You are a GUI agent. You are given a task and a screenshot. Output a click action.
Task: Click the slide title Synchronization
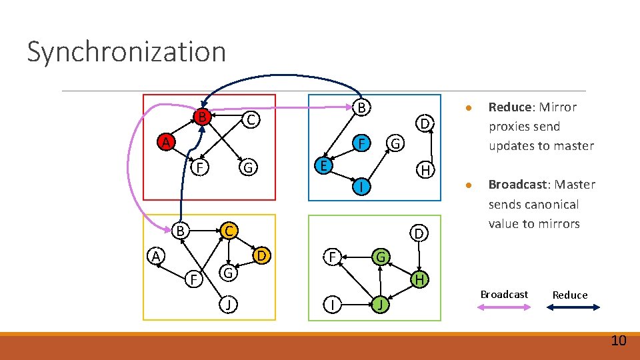pos(127,52)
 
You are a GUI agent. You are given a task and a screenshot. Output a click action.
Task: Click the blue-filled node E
pos(323,165)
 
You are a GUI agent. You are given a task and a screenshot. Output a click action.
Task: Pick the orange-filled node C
pos(228,231)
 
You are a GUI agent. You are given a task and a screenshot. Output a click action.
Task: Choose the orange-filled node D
pos(262,256)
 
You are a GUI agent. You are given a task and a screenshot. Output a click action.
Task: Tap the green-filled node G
pos(380,256)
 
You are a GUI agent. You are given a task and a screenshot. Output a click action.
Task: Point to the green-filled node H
pos(419,279)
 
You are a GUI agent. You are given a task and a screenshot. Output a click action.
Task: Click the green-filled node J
pos(379,305)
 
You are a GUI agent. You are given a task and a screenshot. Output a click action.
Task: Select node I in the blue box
pos(360,189)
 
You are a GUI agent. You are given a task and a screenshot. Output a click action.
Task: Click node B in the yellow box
pos(180,231)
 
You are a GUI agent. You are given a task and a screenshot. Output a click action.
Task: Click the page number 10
pos(618,341)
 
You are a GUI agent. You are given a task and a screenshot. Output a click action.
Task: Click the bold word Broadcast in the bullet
pos(519,185)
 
